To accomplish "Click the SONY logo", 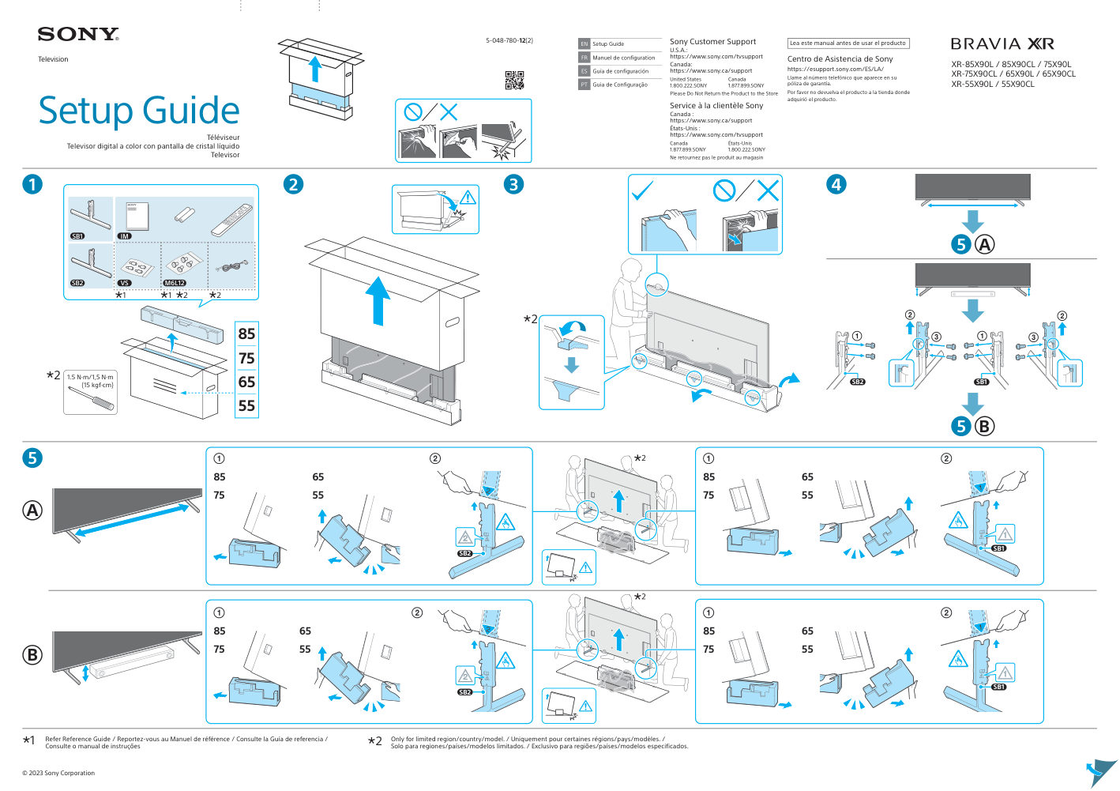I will pos(78,34).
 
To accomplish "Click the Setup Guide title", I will pos(139,111).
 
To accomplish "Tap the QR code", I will pos(514,80).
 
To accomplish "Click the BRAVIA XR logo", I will pos(1002,44).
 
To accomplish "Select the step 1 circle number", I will pos(32,184).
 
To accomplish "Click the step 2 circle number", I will pos(293,184).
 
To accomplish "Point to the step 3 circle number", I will pos(514,184).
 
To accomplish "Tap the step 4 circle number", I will pos(836,184).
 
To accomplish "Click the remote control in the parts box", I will pos(231,219).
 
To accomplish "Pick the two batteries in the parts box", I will pos(184,214).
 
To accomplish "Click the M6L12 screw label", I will pos(175,283).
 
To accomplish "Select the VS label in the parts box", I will pos(125,283).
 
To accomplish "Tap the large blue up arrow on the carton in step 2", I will pos(378,299).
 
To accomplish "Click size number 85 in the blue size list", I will pos(246,334).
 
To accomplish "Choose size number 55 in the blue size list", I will pos(246,405).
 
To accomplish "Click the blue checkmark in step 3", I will pos(643,190).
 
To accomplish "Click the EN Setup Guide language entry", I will pos(608,44).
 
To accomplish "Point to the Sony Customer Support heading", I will pos(712,42).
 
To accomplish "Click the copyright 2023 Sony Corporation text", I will pos(58,773).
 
